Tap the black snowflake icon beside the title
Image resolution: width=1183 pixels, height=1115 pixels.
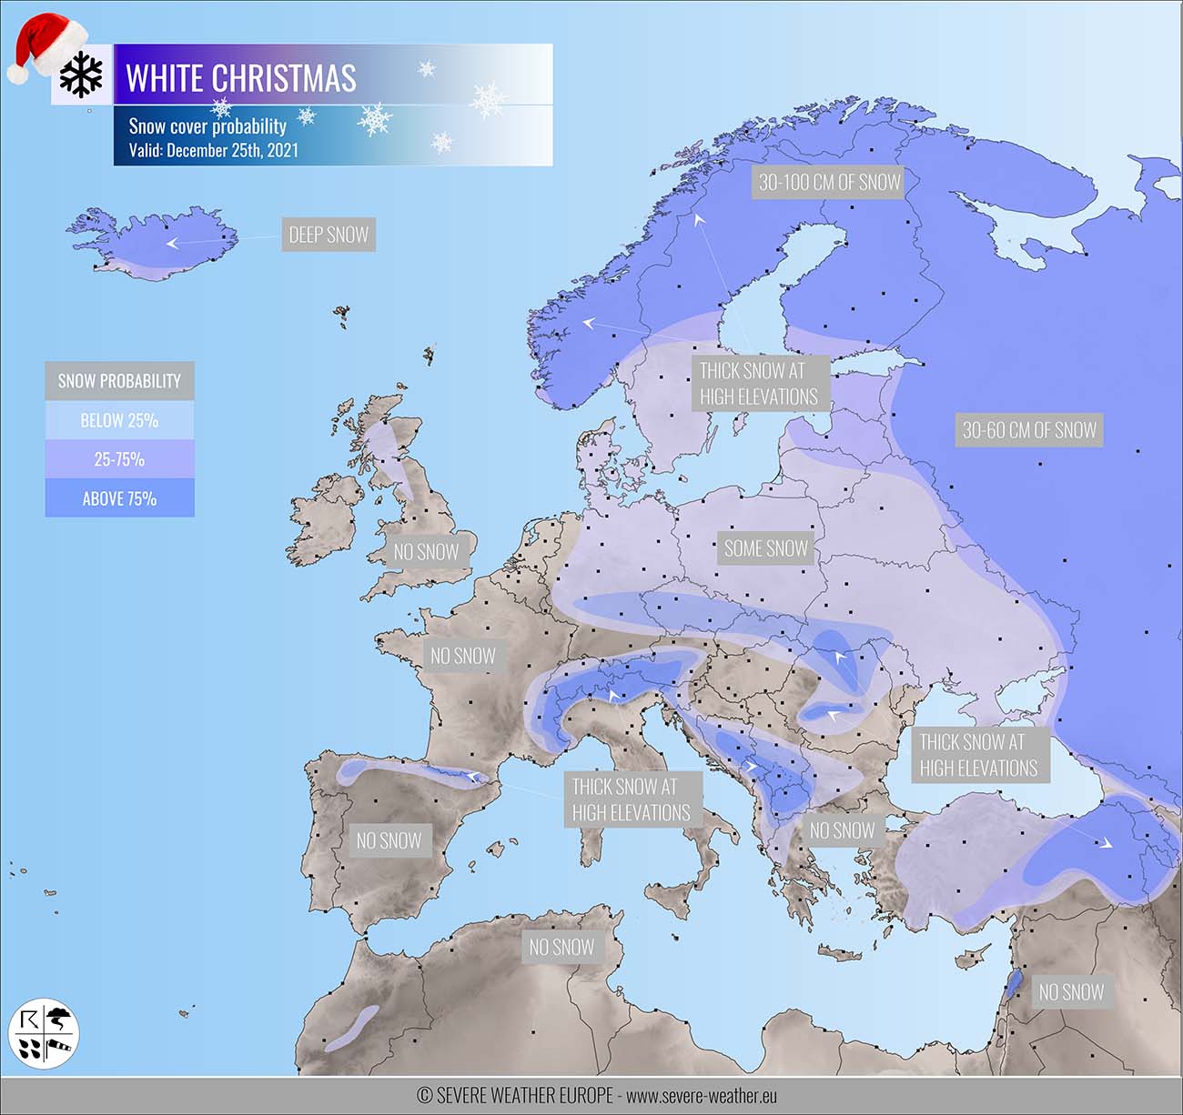click(x=82, y=75)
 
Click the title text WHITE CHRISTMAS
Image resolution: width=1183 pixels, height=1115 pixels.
click(x=241, y=78)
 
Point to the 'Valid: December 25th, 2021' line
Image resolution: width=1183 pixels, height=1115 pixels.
click(x=213, y=150)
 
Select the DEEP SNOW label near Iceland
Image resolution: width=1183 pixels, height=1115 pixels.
click(x=329, y=235)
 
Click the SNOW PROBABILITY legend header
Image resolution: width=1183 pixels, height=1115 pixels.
click(x=119, y=381)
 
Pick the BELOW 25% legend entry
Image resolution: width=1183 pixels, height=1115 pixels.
click(x=119, y=420)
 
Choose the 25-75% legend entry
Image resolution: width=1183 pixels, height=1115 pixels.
click(x=119, y=459)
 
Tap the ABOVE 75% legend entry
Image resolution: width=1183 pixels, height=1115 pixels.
click(x=119, y=498)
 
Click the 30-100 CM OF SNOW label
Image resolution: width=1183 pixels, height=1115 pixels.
click(x=829, y=182)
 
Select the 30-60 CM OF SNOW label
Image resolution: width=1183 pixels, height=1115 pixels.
click(x=1029, y=429)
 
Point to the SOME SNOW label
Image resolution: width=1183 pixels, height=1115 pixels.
click(x=765, y=548)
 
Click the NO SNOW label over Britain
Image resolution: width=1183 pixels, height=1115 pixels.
click(x=426, y=551)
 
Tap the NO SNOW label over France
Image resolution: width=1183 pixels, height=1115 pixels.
click(x=462, y=655)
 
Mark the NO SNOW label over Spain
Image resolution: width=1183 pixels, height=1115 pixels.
click(x=389, y=840)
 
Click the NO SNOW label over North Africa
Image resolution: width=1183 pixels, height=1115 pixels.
click(x=561, y=947)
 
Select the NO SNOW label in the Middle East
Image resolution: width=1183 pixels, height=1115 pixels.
click(x=1071, y=992)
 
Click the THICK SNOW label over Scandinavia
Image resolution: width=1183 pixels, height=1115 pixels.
click(x=758, y=384)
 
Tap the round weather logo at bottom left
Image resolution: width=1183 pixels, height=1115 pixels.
click(x=44, y=1034)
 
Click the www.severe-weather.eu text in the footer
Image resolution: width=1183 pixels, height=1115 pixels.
click(x=701, y=1096)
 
